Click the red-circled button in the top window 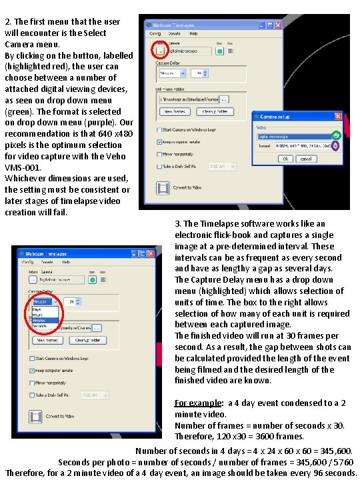coord(161,49)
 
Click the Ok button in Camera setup coord(285,159)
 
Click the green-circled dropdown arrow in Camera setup coord(336,135)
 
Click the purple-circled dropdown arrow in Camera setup coord(336,145)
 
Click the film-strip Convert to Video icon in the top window coord(162,187)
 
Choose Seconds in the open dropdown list coord(40,326)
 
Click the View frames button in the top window coord(175,111)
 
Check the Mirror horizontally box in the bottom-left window coord(31,383)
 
